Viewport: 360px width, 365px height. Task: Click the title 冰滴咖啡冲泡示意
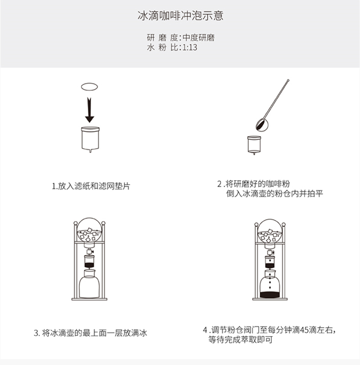[180, 16]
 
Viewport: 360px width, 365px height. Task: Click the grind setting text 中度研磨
[198, 37]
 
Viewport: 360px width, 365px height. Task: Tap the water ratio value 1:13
[190, 47]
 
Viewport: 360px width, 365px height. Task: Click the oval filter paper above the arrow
[89, 87]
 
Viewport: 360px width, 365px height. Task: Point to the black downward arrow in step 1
[89, 110]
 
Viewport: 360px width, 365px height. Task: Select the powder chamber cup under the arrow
[90, 139]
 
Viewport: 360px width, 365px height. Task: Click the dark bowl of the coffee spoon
[262, 125]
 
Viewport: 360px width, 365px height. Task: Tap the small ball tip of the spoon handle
[288, 80]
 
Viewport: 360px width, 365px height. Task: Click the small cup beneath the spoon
[254, 145]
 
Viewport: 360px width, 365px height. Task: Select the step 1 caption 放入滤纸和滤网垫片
[94, 186]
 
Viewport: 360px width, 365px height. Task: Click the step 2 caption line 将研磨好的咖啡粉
[257, 184]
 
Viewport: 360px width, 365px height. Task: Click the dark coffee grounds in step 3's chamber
[89, 265]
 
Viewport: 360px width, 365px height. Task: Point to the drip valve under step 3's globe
[89, 252]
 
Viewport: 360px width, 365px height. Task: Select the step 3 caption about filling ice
[91, 333]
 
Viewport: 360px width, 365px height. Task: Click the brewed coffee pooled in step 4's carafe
[270, 295]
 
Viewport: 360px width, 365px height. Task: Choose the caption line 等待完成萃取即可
[241, 339]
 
